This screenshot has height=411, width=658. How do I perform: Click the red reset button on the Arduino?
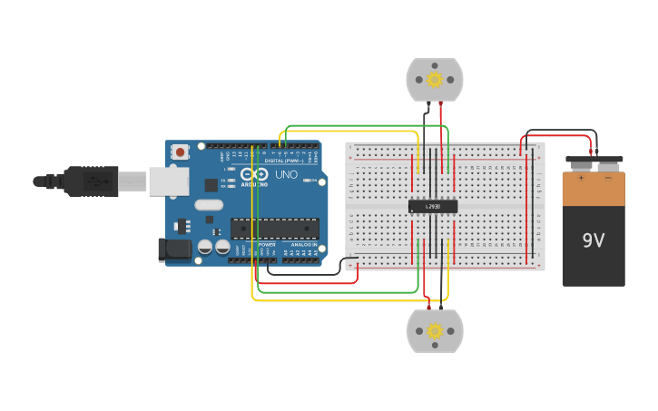[181, 152]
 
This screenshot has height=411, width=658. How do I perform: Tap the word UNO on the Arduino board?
[286, 174]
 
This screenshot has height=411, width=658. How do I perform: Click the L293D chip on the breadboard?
[433, 206]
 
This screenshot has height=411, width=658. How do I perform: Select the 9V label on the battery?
[593, 240]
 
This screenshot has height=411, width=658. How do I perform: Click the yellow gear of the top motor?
[434, 80]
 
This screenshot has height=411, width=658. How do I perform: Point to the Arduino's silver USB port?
[168, 181]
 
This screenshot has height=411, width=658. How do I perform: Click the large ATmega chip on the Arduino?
[274, 229]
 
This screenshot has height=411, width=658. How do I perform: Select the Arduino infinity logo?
[254, 173]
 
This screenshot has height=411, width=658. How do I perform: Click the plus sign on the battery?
[580, 178]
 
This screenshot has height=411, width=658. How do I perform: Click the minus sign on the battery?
[608, 178]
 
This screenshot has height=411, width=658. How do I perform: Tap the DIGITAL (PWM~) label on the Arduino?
[284, 161]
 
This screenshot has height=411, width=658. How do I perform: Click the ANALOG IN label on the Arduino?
[303, 245]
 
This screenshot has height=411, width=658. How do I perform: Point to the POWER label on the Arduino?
[267, 245]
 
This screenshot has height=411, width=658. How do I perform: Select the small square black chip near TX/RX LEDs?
[211, 185]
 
